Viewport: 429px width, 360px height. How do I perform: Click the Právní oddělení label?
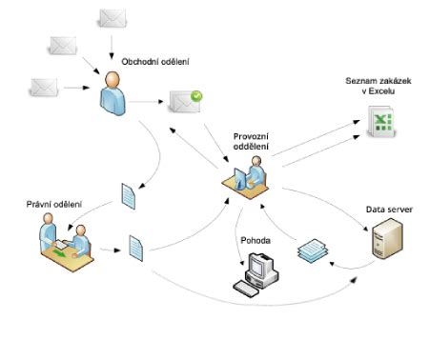click(x=53, y=204)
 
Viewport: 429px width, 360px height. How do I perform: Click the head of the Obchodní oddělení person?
click(x=112, y=79)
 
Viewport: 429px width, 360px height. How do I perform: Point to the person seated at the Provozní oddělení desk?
click(x=255, y=174)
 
